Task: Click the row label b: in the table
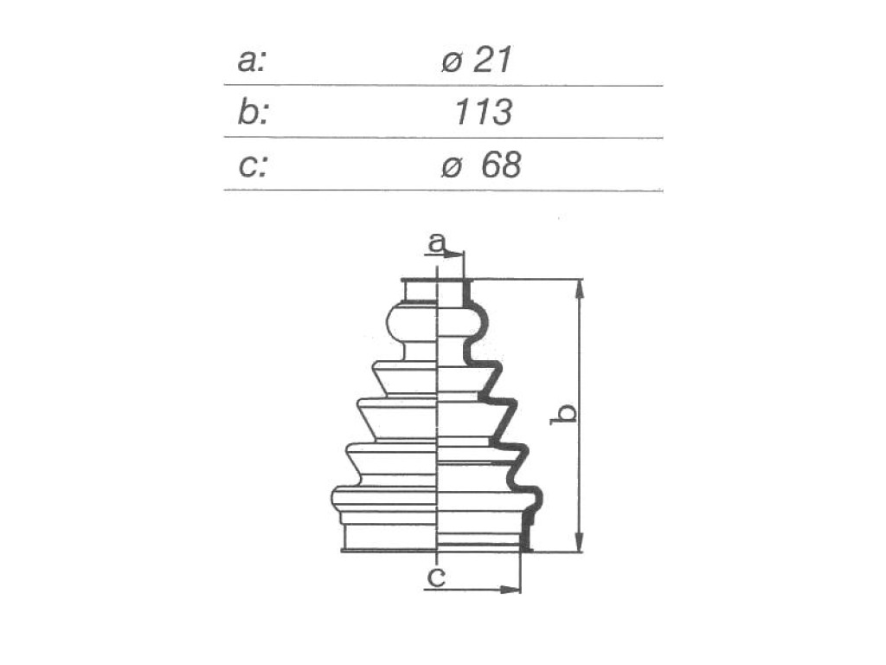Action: pyautogui.click(x=253, y=112)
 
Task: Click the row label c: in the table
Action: pyautogui.click(x=252, y=166)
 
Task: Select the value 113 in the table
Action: pyautogui.click(x=483, y=112)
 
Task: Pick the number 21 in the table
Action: pyautogui.click(x=492, y=60)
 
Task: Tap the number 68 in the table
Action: pyautogui.click(x=501, y=165)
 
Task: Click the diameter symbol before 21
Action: pyautogui.click(x=452, y=62)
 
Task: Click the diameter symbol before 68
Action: pyautogui.click(x=452, y=167)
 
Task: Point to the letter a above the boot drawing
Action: pyautogui.click(x=437, y=242)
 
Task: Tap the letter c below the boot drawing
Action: pyautogui.click(x=436, y=577)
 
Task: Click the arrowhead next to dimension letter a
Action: pyautogui.click(x=453, y=255)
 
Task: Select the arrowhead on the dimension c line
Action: pyautogui.click(x=510, y=591)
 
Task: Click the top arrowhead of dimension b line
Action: pyautogui.click(x=579, y=290)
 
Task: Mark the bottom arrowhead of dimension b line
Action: pyautogui.click(x=579, y=541)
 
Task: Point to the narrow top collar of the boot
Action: pyautogui.click(x=421, y=291)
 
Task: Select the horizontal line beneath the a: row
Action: pyautogui.click(x=443, y=86)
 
